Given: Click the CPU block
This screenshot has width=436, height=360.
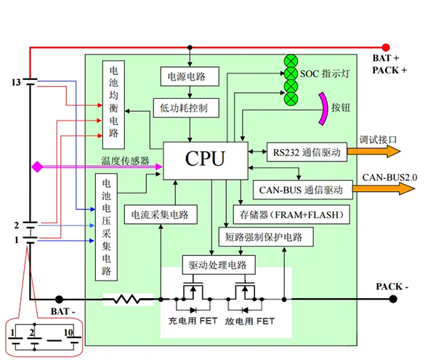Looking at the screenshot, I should coord(205,159).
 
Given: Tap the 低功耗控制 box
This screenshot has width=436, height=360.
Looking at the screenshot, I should coord(184,108).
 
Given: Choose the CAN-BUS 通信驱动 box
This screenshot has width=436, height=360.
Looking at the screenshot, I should coord(301,191).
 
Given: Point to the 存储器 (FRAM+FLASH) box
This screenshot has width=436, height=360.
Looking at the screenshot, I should coord(291,215).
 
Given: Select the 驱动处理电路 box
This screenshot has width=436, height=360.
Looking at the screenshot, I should coord(218,265).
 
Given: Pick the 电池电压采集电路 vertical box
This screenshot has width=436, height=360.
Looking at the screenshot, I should coord(106,228).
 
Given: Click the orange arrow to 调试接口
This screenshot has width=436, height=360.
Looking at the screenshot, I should coord(374,152).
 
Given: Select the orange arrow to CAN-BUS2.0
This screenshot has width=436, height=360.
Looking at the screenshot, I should coord(384,190).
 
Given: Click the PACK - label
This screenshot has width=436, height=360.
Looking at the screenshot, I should coord(392,287).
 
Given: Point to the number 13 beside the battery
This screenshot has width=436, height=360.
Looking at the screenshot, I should coord(16,82).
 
